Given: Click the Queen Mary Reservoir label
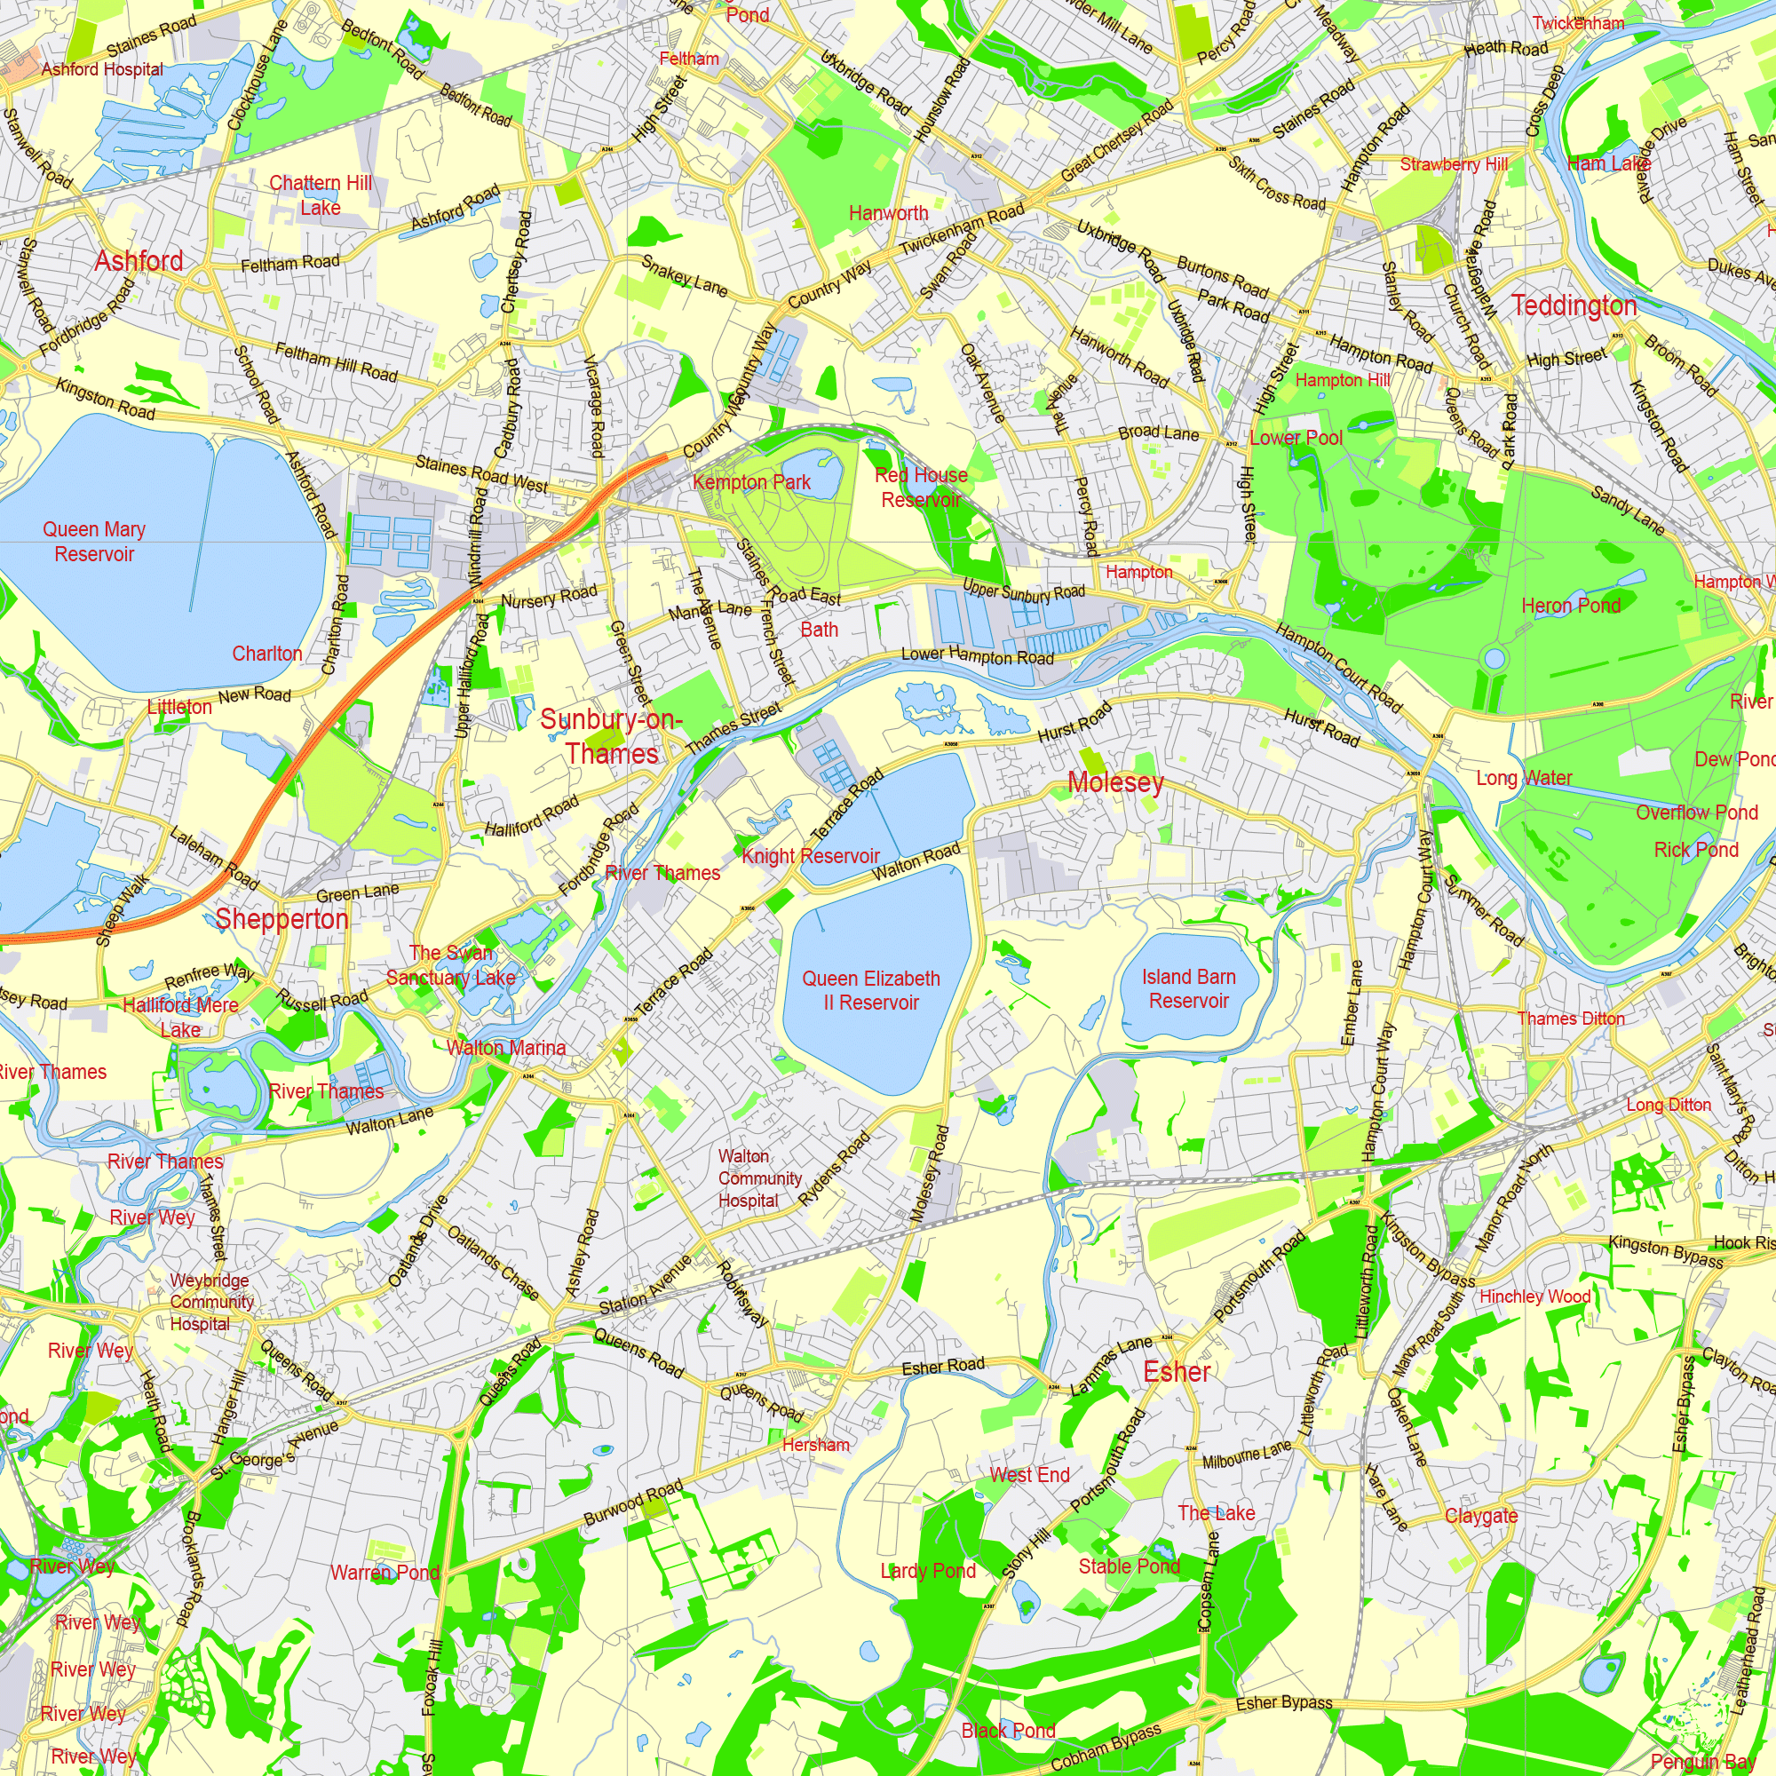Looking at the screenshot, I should (x=94, y=542).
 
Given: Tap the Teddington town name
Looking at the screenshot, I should (x=1574, y=305).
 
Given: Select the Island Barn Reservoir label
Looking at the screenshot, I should (x=1189, y=988).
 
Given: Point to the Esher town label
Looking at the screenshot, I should (x=1176, y=1372).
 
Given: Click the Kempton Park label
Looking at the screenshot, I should (x=751, y=481).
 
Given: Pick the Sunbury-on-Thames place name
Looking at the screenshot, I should (x=611, y=736).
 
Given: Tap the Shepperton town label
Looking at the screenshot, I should (x=281, y=918).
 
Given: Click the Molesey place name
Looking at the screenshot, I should (x=1115, y=782).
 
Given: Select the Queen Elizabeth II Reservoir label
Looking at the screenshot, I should (x=870, y=990).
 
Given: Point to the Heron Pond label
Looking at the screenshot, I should (x=1570, y=605).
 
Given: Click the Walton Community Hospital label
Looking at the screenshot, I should (x=759, y=1177).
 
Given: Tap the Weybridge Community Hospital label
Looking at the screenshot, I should (x=211, y=1302).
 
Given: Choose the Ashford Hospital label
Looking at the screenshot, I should (x=102, y=69).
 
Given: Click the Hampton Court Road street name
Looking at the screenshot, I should (x=1338, y=668).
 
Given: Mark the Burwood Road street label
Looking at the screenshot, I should (x=633, y=1501).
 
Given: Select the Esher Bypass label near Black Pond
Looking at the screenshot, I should (x=1283, y=1702).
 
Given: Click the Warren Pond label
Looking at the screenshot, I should (x=385, y=1572).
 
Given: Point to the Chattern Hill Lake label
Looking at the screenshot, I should (x=320, y=194).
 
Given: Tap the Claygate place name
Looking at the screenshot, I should (x=1481, y=1515).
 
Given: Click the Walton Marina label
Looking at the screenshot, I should (x=505, y=1047).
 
